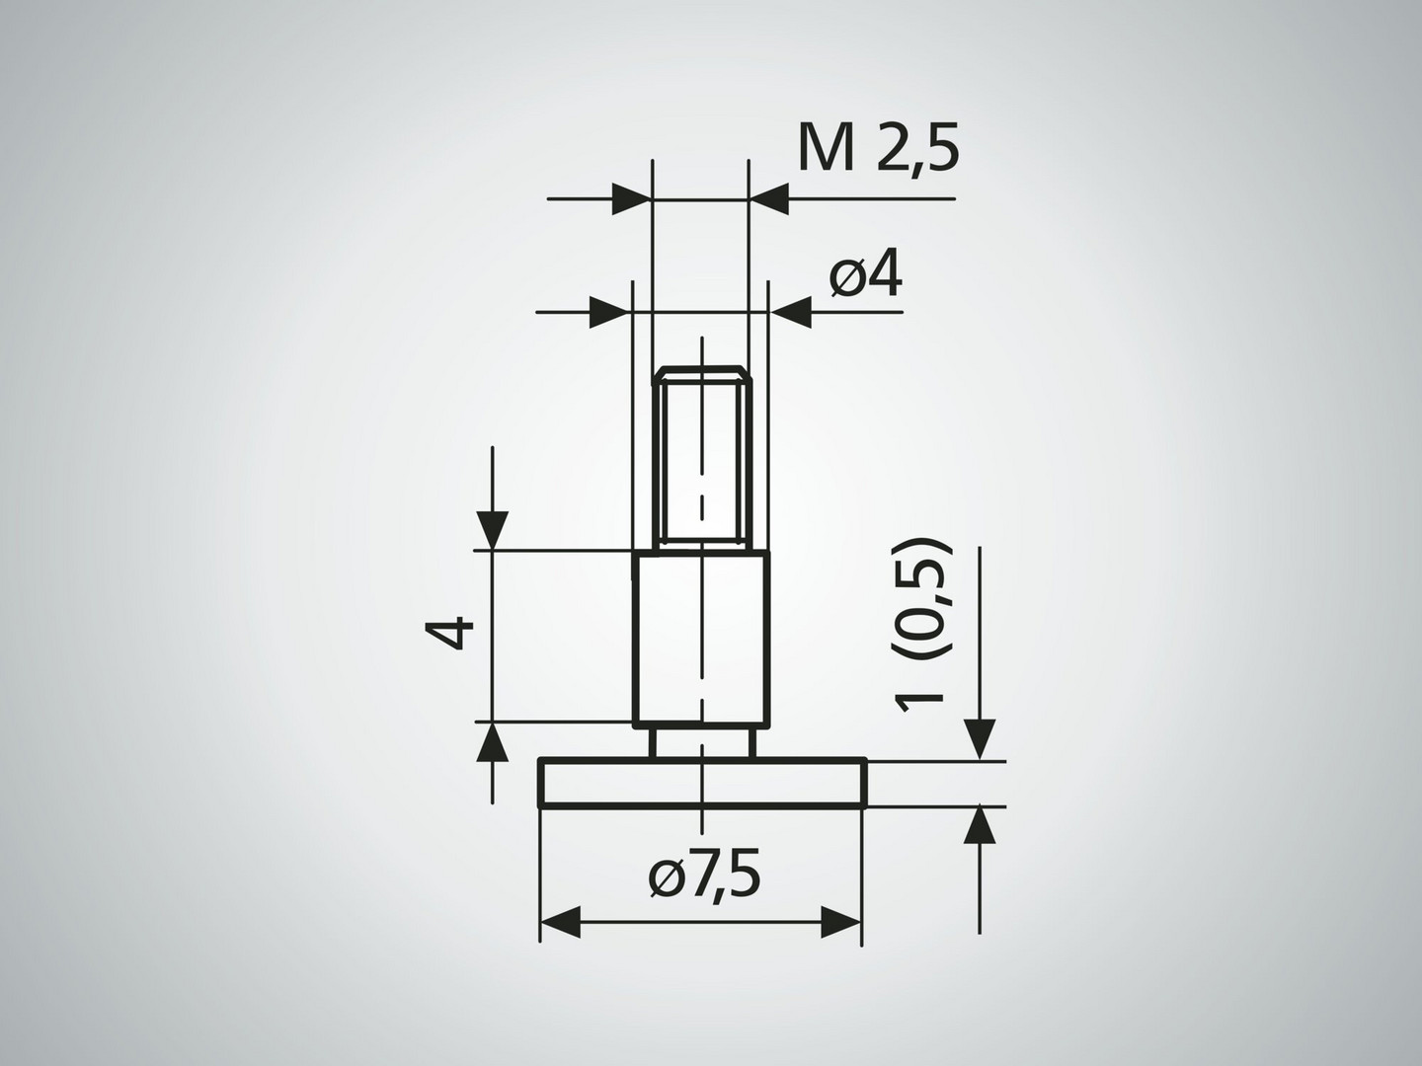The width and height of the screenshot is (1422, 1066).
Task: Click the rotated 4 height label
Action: (449, 633)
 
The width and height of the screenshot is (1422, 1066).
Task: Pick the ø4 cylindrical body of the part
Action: (701, 638)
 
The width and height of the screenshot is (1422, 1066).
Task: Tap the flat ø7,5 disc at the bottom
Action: (702, 783)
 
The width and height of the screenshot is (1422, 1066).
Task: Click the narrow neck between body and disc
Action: (701, 741)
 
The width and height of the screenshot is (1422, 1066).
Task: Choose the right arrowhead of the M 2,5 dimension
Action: (768, 198)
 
